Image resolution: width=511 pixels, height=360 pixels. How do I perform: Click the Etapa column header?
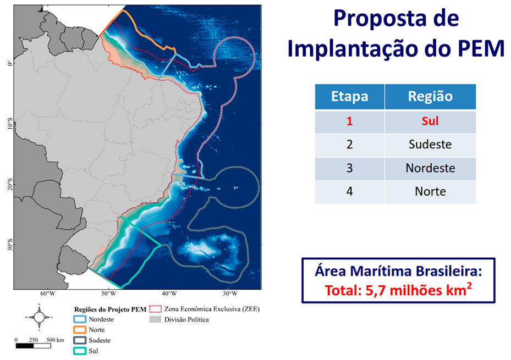[349, 97]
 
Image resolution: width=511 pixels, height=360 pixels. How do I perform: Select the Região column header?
[430, 97]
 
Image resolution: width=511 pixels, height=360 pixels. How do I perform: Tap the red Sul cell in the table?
[430, 121]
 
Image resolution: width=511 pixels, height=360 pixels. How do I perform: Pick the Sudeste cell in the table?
[430, 145]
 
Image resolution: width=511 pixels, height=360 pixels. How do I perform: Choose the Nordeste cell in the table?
[430, 168]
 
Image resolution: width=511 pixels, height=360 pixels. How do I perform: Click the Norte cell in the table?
[430, 192]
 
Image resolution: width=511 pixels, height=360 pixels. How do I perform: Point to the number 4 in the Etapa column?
[349, 192]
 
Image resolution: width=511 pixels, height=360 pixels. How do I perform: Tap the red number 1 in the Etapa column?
[349, 121]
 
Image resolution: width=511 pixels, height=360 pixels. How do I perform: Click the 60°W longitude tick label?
[48, 293]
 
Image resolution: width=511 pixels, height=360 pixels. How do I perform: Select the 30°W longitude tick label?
[230, 293]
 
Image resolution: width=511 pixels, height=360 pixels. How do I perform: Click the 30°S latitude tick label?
[10, 245]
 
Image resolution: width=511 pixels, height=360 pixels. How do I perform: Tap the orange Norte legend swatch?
[80, 330]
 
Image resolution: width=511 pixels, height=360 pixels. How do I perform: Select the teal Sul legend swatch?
[80, 351]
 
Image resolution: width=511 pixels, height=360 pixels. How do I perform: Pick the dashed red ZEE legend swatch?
[155, 309]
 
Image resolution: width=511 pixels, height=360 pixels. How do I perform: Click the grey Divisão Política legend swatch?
[155, 320]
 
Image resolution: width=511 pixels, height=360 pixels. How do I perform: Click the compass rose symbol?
[39, 317]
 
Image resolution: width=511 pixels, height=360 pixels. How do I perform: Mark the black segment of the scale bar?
[25, 346]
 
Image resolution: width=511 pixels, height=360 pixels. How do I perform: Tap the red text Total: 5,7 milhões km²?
[398, 290]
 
